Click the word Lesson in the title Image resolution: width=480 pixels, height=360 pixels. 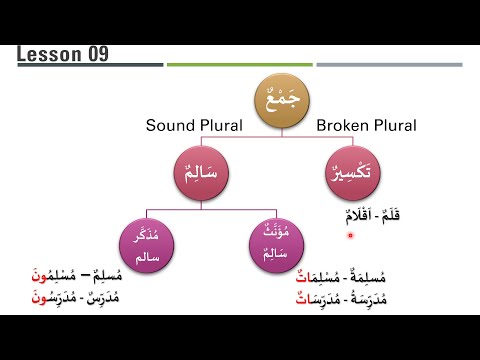50,53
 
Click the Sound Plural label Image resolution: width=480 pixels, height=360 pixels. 189,126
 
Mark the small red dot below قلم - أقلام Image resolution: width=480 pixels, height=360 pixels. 350,236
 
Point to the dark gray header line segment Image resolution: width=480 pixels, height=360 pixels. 90,65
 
